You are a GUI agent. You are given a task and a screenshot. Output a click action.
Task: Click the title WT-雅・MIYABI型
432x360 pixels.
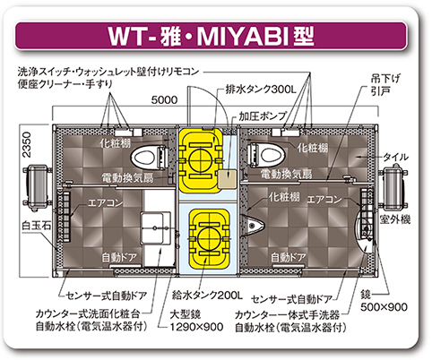coord(211,37)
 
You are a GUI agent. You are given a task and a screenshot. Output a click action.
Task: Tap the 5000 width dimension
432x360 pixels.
coord(164,99)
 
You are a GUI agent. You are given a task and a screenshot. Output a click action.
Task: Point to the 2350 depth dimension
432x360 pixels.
coord(27,144)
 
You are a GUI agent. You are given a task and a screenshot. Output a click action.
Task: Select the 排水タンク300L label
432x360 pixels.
coord(261,89)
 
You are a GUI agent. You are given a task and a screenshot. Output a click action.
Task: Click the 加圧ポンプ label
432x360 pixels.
coord(263,116)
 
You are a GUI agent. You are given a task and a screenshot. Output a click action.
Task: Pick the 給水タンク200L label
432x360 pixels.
coord(207,296)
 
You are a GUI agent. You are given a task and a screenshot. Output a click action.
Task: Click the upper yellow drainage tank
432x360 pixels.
coord(201,160)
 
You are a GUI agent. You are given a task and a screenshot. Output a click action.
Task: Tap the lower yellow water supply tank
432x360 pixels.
coord(209,238)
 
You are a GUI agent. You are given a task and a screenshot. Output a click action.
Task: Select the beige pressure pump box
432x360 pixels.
coord(227,179)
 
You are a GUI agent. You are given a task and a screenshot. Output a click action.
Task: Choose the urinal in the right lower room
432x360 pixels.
coord(255,225)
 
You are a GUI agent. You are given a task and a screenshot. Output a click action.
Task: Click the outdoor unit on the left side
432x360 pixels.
coord(37,187)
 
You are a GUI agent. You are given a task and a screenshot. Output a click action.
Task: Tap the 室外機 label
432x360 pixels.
coord(394,219)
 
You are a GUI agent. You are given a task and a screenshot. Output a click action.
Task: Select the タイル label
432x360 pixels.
coord(396,157)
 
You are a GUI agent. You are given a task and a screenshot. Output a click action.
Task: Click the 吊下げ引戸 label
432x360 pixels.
coord(385,85)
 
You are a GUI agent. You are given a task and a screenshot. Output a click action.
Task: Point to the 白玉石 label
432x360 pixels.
coord(37,225)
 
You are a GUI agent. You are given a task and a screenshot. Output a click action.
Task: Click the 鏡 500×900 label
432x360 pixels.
coord(384,301)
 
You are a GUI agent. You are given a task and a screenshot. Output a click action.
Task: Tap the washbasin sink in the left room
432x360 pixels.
coord(156,228)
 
